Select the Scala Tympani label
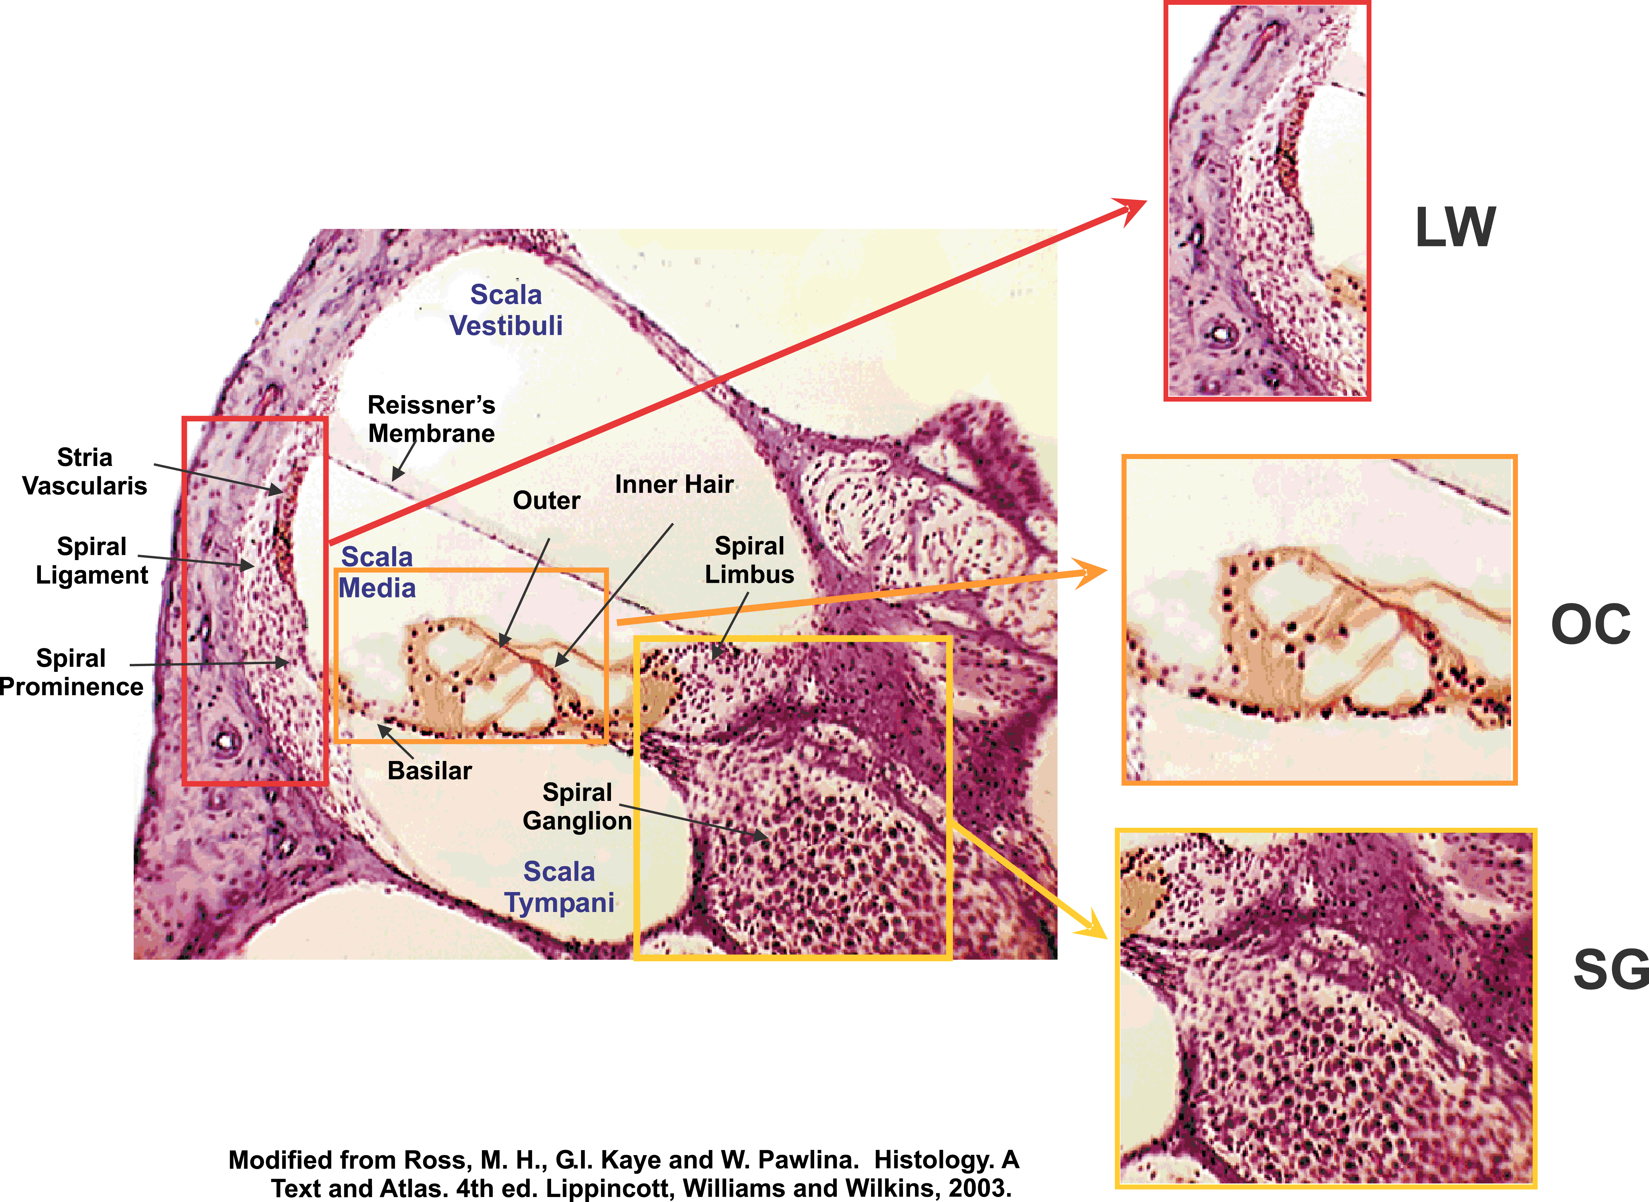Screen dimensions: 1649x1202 click(x=559, y=886)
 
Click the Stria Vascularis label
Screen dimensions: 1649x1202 click(x=84, y=472)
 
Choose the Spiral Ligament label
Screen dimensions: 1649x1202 click(x=92, y=560)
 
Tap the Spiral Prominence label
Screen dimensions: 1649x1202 click(x=71, y=672)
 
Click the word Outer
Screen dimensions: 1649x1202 click(x=546, y=501)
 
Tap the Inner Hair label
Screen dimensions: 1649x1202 click(x=674, y=485)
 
